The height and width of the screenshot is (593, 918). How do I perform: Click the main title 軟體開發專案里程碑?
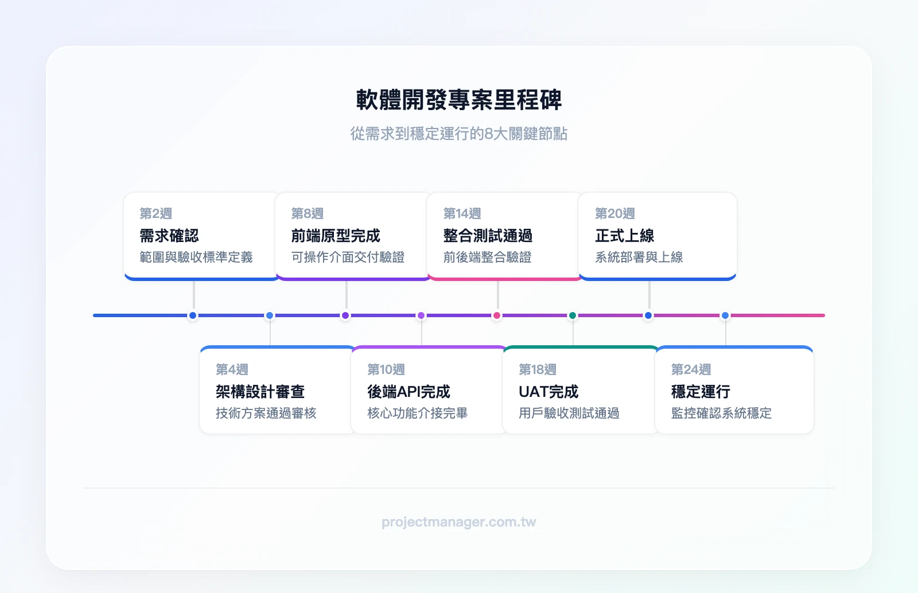[459, 100]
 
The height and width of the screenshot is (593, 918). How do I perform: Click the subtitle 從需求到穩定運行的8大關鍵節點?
[459, 134]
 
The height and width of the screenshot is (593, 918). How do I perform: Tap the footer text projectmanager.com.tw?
[459, 522]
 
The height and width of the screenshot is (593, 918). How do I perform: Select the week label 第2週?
[156, 213]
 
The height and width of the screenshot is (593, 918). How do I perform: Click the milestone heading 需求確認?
[169, 236]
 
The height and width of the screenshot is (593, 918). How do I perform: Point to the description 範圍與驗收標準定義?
[196, 257]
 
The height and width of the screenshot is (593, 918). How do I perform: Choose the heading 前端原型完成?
[336, 236]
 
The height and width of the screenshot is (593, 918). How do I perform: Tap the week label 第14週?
[462, 213]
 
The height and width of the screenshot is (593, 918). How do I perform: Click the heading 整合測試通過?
[488, 236]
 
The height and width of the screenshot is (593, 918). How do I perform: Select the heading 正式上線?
[625, 236]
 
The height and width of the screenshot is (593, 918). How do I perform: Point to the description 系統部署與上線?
[639, 257]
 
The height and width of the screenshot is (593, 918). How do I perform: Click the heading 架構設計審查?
[260, 392]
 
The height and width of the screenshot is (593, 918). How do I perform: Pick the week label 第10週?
[386, 369]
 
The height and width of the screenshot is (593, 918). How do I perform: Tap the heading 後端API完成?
[409, 392]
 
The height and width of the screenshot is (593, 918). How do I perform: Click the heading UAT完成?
[549, 392]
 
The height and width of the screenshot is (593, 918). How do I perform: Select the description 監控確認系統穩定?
[721, 413]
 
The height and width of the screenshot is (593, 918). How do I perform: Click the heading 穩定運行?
[701, 392]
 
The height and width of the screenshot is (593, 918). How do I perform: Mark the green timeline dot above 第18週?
[573, 315]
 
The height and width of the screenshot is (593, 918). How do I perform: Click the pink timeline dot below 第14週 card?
[497, 315]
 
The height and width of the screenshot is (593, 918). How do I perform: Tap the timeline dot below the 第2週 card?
[193, 315]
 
